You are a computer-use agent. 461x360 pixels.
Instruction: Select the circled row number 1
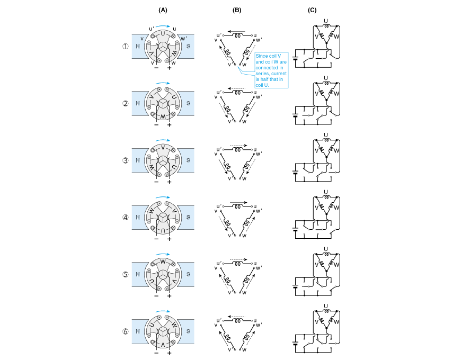click(x=126, y=46)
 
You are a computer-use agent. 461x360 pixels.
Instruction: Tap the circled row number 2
click(x=126, y=103)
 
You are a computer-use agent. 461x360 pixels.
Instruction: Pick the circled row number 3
click(x=126, y=160)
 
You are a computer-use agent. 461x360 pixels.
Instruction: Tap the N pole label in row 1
click(x=138, y=46)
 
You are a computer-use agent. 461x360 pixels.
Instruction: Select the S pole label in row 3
click(x=190, y=160)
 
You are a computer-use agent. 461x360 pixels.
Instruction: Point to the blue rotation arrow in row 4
click(x=163, y=197)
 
